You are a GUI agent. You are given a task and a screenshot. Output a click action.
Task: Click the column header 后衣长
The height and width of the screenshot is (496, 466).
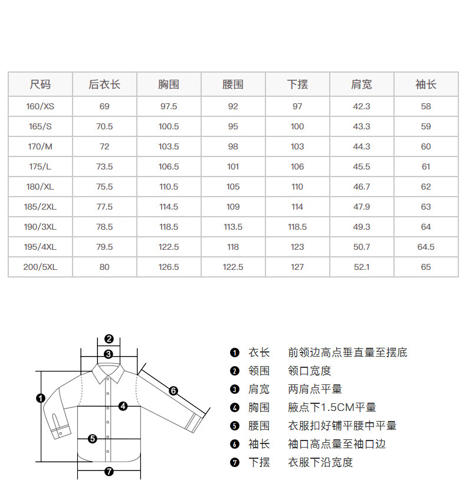104,84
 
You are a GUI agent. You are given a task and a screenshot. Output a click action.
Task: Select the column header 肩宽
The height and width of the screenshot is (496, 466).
362,84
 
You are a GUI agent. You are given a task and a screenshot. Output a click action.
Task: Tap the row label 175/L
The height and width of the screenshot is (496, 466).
40,167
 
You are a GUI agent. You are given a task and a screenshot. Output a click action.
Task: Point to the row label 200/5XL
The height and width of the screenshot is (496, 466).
40,267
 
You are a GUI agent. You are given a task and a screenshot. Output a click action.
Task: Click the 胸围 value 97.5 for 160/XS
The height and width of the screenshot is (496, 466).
169,106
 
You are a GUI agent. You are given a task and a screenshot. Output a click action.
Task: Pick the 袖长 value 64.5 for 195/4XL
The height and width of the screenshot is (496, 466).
426,247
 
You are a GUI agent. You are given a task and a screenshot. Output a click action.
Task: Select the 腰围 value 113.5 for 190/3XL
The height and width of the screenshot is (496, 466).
233,227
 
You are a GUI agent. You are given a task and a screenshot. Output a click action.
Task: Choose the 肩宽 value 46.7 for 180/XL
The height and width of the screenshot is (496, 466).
362,187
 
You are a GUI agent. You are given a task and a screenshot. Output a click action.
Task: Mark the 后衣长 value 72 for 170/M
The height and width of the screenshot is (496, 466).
104,146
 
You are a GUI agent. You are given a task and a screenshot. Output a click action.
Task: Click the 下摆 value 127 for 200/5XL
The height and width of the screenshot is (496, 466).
297,267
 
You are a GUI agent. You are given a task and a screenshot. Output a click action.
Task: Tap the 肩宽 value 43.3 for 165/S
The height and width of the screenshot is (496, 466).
362,126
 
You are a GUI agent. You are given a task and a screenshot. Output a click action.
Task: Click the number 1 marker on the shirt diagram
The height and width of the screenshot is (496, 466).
41,398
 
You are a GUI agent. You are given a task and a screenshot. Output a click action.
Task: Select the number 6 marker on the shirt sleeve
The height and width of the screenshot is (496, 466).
173,390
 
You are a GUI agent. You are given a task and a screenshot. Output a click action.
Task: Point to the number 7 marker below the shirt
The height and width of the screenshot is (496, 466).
109,471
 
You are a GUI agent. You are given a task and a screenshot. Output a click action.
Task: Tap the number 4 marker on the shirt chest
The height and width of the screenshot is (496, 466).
123,406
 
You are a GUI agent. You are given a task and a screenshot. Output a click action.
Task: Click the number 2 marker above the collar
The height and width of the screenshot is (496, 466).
109,339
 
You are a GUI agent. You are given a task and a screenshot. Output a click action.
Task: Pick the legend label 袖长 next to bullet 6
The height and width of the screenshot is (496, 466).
259,444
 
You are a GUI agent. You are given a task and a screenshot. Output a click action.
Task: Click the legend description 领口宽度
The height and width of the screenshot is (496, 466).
310,371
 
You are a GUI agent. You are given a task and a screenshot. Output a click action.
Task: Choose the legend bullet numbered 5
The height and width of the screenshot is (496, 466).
235,426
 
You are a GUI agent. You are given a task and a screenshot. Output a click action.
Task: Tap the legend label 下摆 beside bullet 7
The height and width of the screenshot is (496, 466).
259,462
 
